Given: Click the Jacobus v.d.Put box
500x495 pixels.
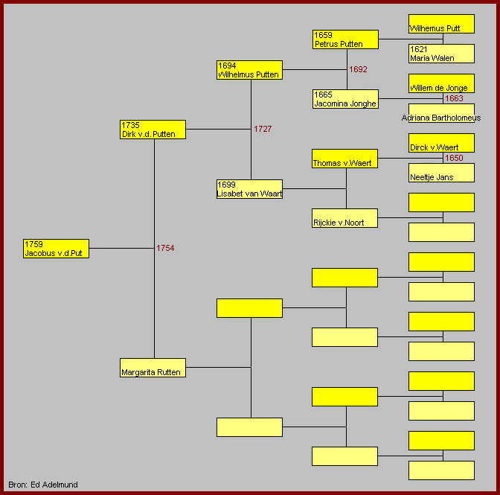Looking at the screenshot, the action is (x=56, y=249).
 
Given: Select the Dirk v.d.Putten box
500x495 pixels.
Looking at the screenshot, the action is (x=153, y=130).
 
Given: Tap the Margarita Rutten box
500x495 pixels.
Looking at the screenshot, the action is (x=153, y=368).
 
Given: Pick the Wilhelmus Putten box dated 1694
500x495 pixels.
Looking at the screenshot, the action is (x=249, y=70).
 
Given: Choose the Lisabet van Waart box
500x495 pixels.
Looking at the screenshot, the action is (x=249, y=189).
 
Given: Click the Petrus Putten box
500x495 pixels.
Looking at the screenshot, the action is (x=346, y=39).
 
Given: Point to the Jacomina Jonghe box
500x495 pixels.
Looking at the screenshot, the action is (x=346, y=99).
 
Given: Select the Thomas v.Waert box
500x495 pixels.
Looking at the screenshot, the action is (x=344, y=159).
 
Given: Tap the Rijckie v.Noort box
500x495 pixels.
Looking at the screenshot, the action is (x=344, y=218).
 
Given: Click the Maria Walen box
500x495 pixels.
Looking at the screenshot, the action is (x=442, y=54).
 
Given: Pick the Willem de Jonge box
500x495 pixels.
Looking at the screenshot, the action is (x=442, y=83).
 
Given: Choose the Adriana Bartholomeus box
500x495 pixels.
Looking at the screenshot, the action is (x=442, y=113).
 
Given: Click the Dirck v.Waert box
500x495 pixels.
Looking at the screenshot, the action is (x=442, y=143).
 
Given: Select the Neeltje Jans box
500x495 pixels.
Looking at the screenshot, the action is (x=442, y=173).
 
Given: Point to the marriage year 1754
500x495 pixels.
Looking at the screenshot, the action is (x=165, y=248).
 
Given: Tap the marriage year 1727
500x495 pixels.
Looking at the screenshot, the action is (x=263, y=129).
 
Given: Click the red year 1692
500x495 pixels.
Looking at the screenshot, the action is (x=358, y=69).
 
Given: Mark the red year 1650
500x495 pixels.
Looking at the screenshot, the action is (x=454, y=158).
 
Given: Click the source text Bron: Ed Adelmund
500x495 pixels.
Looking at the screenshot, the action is (x=43, y=485).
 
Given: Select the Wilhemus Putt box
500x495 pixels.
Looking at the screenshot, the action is (x=442, y=24).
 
